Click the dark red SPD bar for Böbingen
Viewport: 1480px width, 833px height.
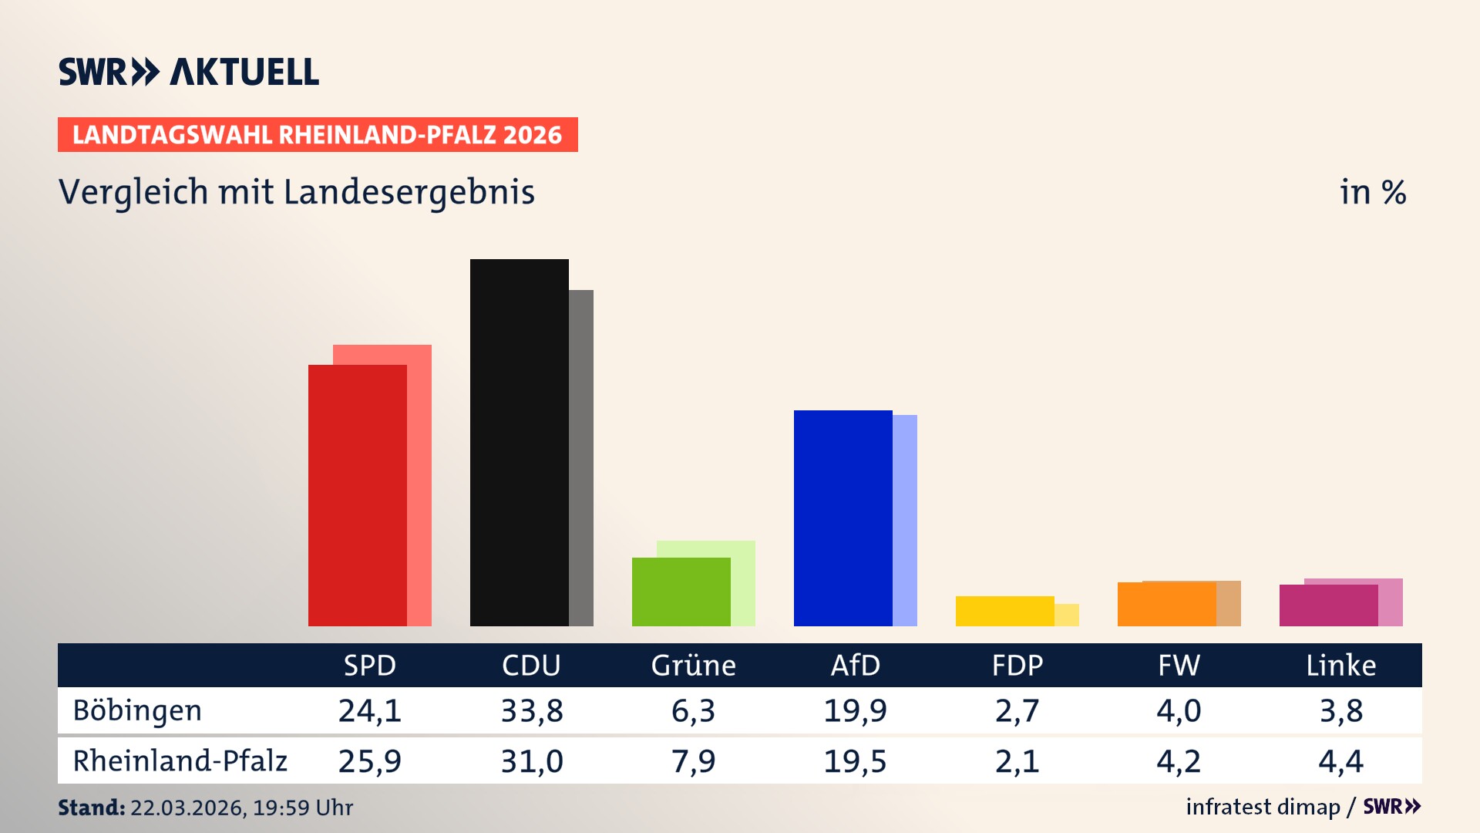click(x=357, y=495)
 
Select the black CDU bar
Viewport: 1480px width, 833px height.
click(x=519, y=442)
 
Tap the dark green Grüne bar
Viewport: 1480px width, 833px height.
click(x=681, y=592)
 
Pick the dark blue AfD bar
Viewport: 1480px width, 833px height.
click(x=843, y=518)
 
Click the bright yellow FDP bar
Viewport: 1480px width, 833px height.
click(x=1004, y=611)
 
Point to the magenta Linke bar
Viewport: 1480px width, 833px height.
click(x=1328, y=605)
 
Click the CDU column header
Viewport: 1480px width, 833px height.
click(x=531, y=666)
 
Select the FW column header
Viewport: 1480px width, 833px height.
click(x=1179, y=666)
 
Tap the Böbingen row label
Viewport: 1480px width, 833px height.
click(x=137, y=710)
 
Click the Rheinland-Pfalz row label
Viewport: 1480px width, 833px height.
click(x=180, y=761)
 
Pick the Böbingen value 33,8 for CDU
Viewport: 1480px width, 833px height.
click(x=532, y=710)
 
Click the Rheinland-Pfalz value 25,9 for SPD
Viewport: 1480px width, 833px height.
click(x=370, y=761)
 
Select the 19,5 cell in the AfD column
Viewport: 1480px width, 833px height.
click(x=855, y=761)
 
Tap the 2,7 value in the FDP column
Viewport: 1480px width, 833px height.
click(x=1017, y=710)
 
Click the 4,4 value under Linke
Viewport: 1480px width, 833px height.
click(x=1340, y=761)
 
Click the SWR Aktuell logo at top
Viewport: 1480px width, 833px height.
click(x=189, y=72)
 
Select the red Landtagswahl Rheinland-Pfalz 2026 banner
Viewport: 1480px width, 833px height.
click(x=318, y=135)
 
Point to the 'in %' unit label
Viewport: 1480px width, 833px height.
click(x=1373, y=192)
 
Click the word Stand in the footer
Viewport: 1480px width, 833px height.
click(x=91, y=808)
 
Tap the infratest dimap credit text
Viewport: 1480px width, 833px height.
click(x=1263, y=807)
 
